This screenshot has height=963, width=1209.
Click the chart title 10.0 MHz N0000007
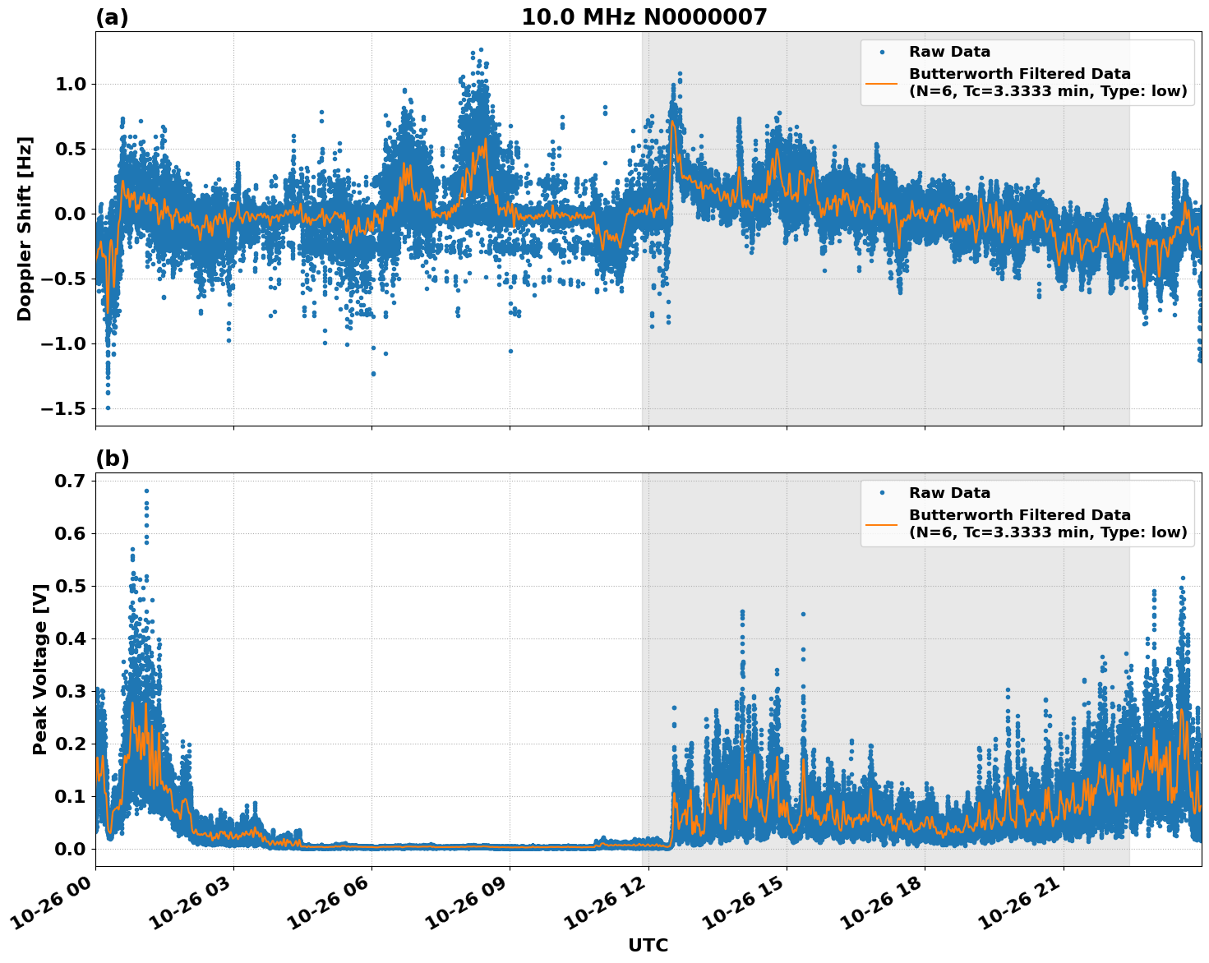[644, 17]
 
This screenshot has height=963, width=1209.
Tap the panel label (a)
[112, 17]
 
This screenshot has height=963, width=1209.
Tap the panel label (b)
[112, 458]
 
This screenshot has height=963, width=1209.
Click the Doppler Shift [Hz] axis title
[25, 228]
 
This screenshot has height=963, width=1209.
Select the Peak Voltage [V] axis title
[39, 669]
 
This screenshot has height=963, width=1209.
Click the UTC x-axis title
[648, 945]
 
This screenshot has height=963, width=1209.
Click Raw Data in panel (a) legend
[949, 52]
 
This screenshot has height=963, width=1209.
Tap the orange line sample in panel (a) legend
[881, 83]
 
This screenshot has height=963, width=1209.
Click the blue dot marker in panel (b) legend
[881, 493]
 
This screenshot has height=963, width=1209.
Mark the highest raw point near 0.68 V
[146, 491]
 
